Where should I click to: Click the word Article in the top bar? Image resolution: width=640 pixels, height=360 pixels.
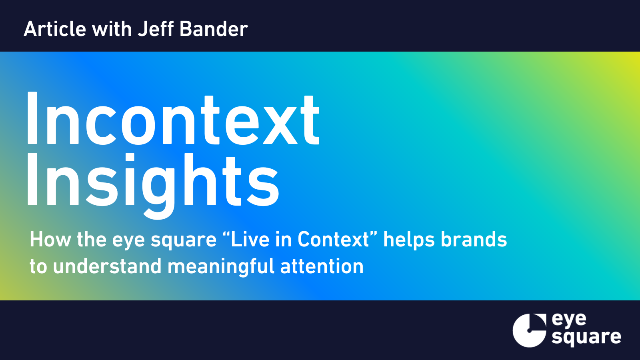[55, 29]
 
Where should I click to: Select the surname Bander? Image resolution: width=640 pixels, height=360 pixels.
[214, 29]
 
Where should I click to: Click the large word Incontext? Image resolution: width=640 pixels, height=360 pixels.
[173, 118]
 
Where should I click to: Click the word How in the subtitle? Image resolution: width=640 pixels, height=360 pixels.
[50, 239]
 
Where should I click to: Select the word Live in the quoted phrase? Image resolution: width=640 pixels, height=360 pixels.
[250, 239]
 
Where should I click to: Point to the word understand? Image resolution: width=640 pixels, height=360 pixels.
[107, 266]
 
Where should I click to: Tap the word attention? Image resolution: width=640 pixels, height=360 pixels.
[322, 266]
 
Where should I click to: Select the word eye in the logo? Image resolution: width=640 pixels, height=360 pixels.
[569, 320]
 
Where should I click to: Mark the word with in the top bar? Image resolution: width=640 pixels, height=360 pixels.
[112, 29]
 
